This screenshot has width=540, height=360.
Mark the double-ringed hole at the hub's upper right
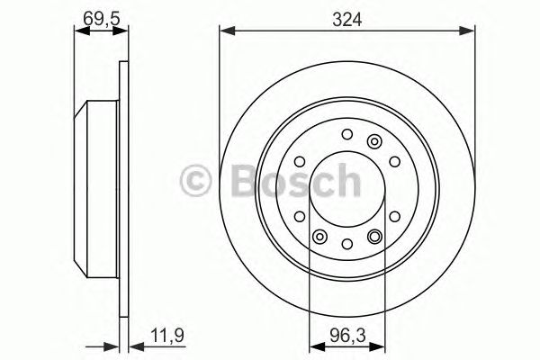point(374,139)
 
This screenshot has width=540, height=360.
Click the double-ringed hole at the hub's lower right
point(374,236)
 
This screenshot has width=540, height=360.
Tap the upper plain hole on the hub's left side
point(300,163)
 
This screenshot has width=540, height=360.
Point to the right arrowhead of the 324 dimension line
point(470,32)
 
